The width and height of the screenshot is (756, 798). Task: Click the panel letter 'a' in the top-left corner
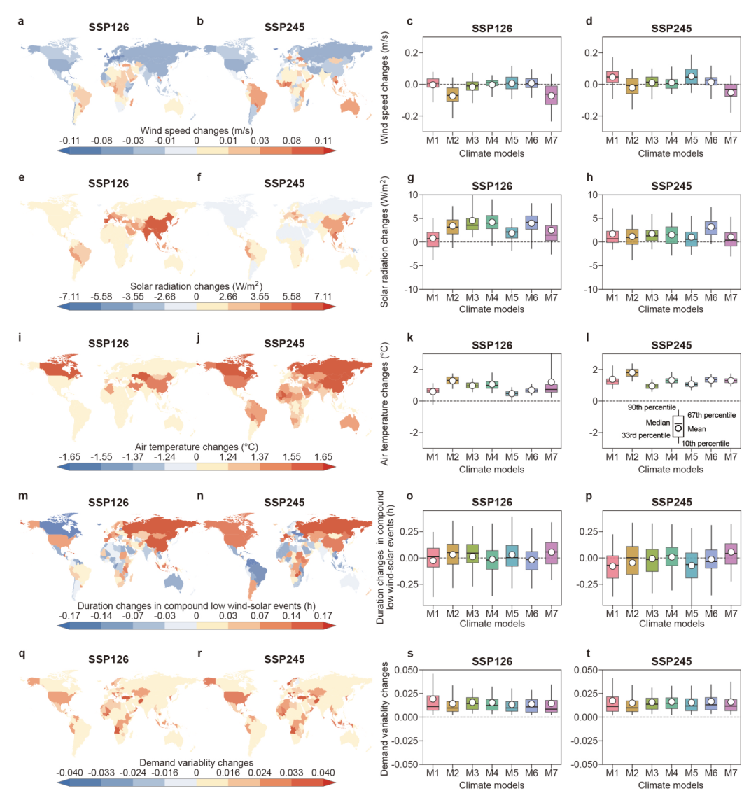tap(22, 22)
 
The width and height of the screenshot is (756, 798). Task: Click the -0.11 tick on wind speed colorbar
tap(68, 141)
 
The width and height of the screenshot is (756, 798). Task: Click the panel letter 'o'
tap(409, 496)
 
